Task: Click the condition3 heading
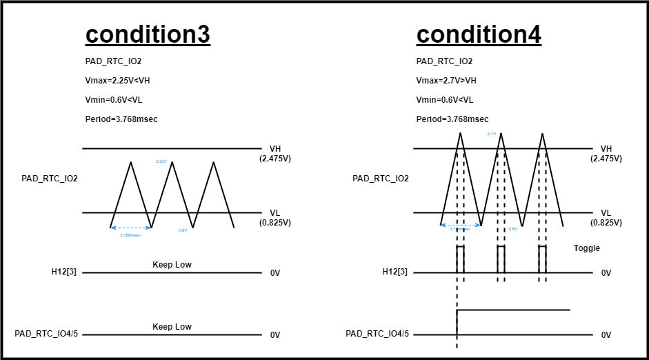[x=148, y=34]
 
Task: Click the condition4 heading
[x=479, y=34]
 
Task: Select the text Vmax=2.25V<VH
[x=117, y=81]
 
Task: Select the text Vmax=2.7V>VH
[x=446, y=81]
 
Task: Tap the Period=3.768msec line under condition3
[x=121, y=119]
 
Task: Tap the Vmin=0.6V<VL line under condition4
[x=445, y=100]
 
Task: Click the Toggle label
[x=587, y=248]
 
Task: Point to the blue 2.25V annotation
[x=161, y=161]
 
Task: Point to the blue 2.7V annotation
[x=492, y=134]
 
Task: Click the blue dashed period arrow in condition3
[x=131, y=228]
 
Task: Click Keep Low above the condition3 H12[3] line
[x=172, y=265]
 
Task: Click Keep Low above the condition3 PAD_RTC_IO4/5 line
[x=172, y=327]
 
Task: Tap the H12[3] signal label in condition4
[x=395, y=272]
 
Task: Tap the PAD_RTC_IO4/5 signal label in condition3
[x=46, y=334]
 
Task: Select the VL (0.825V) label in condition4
[x=606, y=218]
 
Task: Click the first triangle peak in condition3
[x=131, y=162]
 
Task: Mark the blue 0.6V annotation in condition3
[x=183, y=230]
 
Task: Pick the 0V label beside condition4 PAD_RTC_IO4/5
[x=606, y=335]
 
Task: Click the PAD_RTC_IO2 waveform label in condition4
[x=381, y=179]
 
